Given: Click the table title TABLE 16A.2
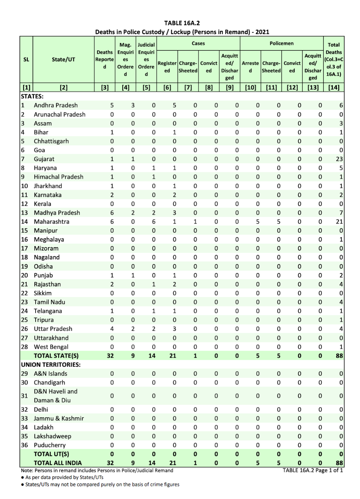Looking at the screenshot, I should click(x=182, y=23).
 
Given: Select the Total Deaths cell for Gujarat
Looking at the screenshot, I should click(x=339, y=159).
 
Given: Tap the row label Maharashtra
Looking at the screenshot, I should click(x=51, y=222).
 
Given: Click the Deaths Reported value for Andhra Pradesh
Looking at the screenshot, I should click(x=112, y=105).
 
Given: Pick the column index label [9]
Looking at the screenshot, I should click(x=229, y=87).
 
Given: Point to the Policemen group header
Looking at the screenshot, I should click(x=282, y=44).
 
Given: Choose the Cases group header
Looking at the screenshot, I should click(x=198, y=44).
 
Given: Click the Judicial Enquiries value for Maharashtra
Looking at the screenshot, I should click(x=154, y=222).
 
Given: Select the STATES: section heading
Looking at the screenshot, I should click(x=32, y=96).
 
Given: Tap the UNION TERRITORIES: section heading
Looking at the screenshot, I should click(x=51, y=365).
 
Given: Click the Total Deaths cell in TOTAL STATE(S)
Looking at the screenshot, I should click(x=339, y=356).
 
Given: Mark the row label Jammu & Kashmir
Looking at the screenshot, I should click(x=59, y=418).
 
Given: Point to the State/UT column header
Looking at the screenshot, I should click(x=63, y=59).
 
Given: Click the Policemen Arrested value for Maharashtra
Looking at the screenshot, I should click(x=258, y=222).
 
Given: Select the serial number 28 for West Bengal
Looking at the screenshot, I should click(x=25, y=347).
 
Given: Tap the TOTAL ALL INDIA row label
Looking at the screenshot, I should click(x=58, y=463).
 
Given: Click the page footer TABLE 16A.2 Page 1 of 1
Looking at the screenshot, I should click(x=313, y=470).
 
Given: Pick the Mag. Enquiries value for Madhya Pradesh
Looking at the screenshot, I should click(x=133, y=213).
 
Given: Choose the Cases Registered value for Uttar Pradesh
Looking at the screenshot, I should click(x=174, y=329).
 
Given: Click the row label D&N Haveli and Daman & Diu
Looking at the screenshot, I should click(x=55, y=396).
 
